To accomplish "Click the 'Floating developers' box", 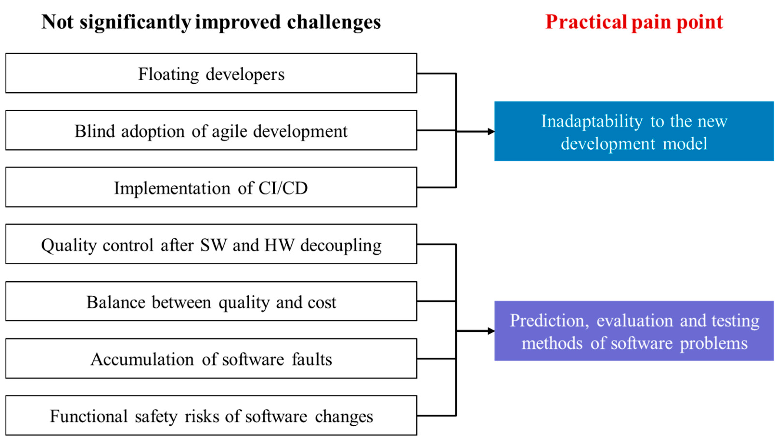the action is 211,73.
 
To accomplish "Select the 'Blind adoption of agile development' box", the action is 211,130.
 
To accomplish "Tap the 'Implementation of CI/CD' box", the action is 211,187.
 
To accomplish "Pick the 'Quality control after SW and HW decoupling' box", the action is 211,244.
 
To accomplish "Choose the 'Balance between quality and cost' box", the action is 211,301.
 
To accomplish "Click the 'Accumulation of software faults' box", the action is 211,358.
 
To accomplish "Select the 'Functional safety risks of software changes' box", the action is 211,415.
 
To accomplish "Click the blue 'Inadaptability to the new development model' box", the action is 634,131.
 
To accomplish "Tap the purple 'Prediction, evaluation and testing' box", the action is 634,331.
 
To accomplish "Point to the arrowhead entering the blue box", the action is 491,131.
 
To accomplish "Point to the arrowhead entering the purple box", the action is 491,331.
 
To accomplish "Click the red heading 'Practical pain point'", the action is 634,22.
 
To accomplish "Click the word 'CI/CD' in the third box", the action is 283,188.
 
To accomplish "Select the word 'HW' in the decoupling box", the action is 279,245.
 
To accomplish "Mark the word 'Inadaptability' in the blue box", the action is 592,122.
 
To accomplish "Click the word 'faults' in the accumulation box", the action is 312,359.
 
